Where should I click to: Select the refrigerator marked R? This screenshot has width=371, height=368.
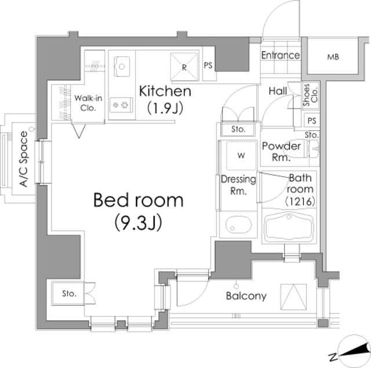(184, 66)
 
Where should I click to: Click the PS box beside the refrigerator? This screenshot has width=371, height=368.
(208, 65)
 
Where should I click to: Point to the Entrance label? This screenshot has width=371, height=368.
(280, 56)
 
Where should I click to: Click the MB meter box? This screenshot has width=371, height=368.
(332, 57)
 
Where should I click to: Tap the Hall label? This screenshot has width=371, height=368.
(278, 91)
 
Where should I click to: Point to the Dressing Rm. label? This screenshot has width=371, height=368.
(238, 185)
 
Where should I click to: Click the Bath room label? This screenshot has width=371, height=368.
(301, 189)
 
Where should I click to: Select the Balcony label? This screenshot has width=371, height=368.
(246, 296)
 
